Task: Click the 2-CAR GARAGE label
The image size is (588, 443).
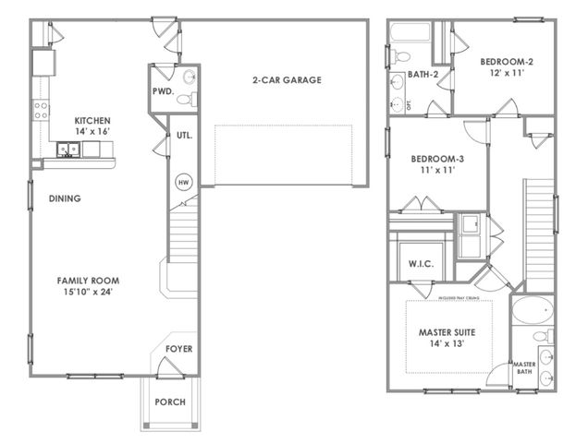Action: [287, 80]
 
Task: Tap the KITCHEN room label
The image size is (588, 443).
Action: [92, 120]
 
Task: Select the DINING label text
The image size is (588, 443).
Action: [65, 198]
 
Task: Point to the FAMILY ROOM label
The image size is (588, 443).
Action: [88, 281]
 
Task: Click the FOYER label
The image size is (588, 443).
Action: [178, 349]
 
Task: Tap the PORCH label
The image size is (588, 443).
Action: [170, 402]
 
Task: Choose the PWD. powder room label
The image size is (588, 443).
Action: [164, 92]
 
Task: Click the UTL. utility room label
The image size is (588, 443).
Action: [183, 136]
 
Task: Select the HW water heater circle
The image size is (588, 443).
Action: [182, 181]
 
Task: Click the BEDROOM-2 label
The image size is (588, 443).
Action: [506, 62]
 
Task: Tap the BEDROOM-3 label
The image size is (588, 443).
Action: [436, 159]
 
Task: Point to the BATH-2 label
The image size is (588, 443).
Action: [423, 75]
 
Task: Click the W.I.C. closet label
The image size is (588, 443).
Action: [421, 264]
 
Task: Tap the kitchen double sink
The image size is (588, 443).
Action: [67, 148]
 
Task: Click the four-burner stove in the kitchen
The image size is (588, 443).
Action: [41, 111]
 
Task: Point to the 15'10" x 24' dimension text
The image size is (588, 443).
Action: [88, 293]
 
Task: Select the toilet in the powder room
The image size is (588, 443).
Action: [185, 97]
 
